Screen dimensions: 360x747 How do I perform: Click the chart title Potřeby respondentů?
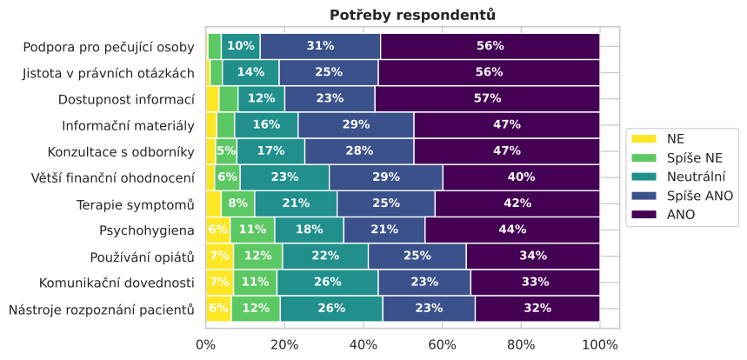(412, 15)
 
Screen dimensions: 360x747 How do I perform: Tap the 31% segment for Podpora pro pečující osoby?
(320, 46)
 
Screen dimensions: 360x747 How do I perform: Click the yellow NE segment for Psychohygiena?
(217, 230)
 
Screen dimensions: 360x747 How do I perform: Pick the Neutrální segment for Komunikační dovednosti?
(327, 282)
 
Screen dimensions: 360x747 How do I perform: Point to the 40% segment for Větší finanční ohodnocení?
(521, 177)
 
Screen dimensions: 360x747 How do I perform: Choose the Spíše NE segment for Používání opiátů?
(257, 256)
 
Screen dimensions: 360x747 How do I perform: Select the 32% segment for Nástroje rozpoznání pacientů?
(537, 308)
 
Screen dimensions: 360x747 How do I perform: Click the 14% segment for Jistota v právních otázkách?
(250, 72)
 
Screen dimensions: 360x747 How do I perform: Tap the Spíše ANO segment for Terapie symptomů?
(386, 203)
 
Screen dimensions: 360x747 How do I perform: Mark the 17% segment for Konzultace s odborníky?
(270, 150)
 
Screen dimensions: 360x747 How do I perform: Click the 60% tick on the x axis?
(442, 343)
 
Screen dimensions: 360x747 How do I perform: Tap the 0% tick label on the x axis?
(206, 343)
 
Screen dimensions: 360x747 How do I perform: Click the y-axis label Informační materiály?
(128, 124)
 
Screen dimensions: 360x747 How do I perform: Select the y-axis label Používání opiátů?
(143, 256)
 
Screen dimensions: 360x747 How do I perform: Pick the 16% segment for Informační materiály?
(266, 124)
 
